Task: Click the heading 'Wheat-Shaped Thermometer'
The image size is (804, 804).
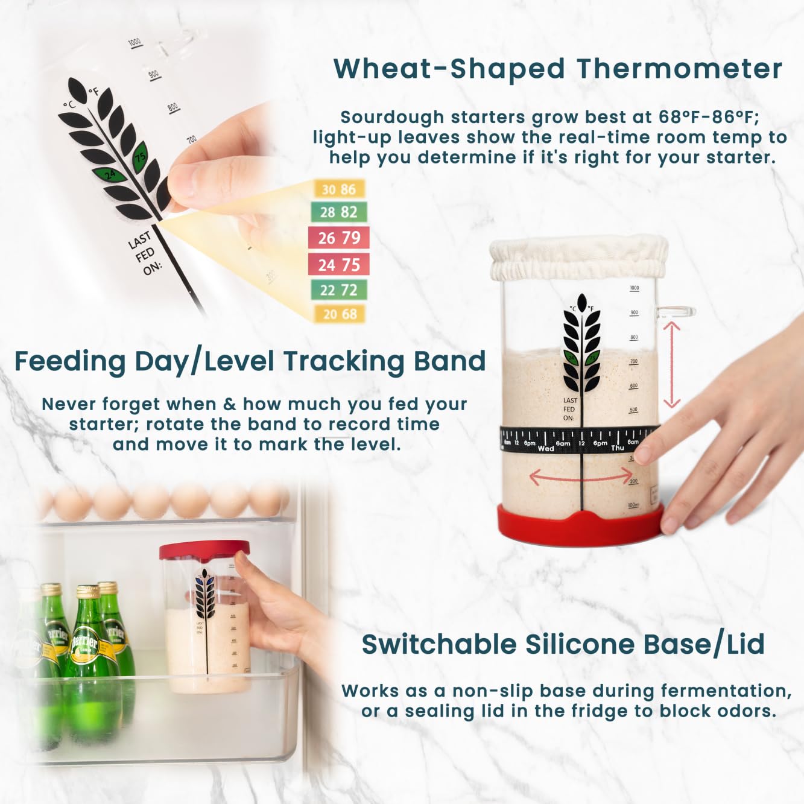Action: coord(557,69)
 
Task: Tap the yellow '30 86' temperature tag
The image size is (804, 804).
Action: coord(338,189)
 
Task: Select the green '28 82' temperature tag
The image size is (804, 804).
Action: coord(338,212)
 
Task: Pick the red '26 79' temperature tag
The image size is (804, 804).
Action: coord(338,238)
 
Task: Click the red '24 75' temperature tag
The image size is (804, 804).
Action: coord(338,264)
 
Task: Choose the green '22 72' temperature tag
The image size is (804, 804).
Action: coord(338,290)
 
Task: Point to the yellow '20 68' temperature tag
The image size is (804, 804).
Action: coord(340,314)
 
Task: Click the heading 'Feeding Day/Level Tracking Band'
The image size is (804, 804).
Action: coord(250,361)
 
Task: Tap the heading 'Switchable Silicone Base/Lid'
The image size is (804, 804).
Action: coord(563,644)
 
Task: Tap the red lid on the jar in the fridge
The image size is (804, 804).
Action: coord(204,549)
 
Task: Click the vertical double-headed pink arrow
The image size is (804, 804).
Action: coord(672,364)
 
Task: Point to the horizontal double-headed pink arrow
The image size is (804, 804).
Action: coord(580,477)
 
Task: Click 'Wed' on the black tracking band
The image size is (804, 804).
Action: coord(546,449)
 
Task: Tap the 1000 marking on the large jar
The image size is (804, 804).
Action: coord(634,288)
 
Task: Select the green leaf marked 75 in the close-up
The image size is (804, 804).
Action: coord(140,156)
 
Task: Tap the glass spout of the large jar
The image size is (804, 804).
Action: coord(676,312)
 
